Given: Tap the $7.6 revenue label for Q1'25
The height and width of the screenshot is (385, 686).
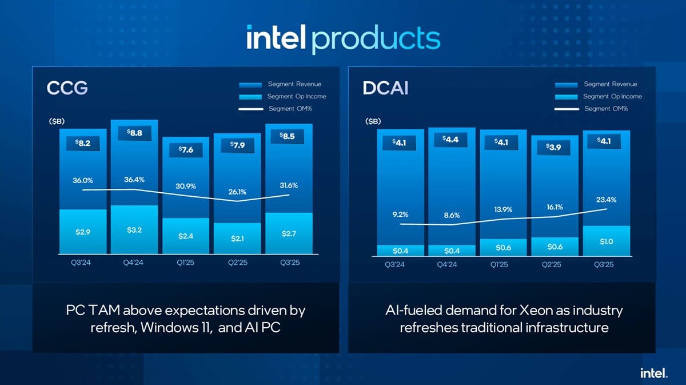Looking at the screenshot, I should coord(186,150).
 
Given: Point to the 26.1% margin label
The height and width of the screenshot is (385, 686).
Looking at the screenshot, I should coord(237,192).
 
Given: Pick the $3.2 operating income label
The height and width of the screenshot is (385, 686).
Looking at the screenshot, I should coord(134,229).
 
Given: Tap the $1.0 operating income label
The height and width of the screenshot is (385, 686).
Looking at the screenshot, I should coord(607,241).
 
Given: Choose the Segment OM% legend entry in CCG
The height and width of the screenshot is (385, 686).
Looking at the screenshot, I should coord(290,109).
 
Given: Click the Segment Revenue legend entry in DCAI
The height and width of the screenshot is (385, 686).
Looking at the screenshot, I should coord(610,84).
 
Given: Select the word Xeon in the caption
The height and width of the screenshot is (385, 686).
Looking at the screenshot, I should coord(537,311).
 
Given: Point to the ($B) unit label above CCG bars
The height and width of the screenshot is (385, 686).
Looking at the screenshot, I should coord(56,121).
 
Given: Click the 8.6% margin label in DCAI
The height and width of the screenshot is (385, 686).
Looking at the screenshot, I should coord(451,215).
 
